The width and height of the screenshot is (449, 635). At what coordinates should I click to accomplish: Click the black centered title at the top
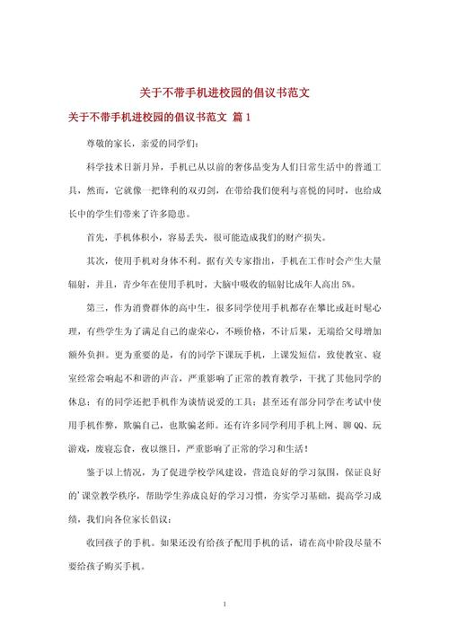[224, 93]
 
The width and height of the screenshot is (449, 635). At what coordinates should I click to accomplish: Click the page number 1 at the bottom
[224, 604]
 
